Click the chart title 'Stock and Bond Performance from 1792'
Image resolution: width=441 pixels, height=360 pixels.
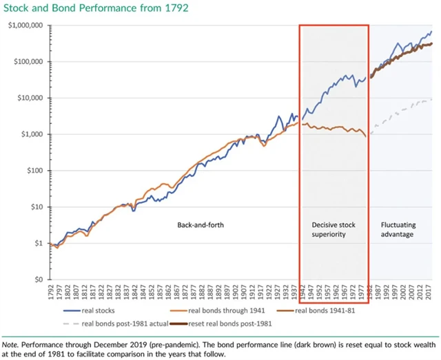point(90,8)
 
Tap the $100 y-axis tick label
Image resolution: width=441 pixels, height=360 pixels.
point(33,171)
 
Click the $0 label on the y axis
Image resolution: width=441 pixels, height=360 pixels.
point(37,280)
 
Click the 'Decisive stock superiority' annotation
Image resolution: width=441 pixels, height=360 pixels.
point(334,229)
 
